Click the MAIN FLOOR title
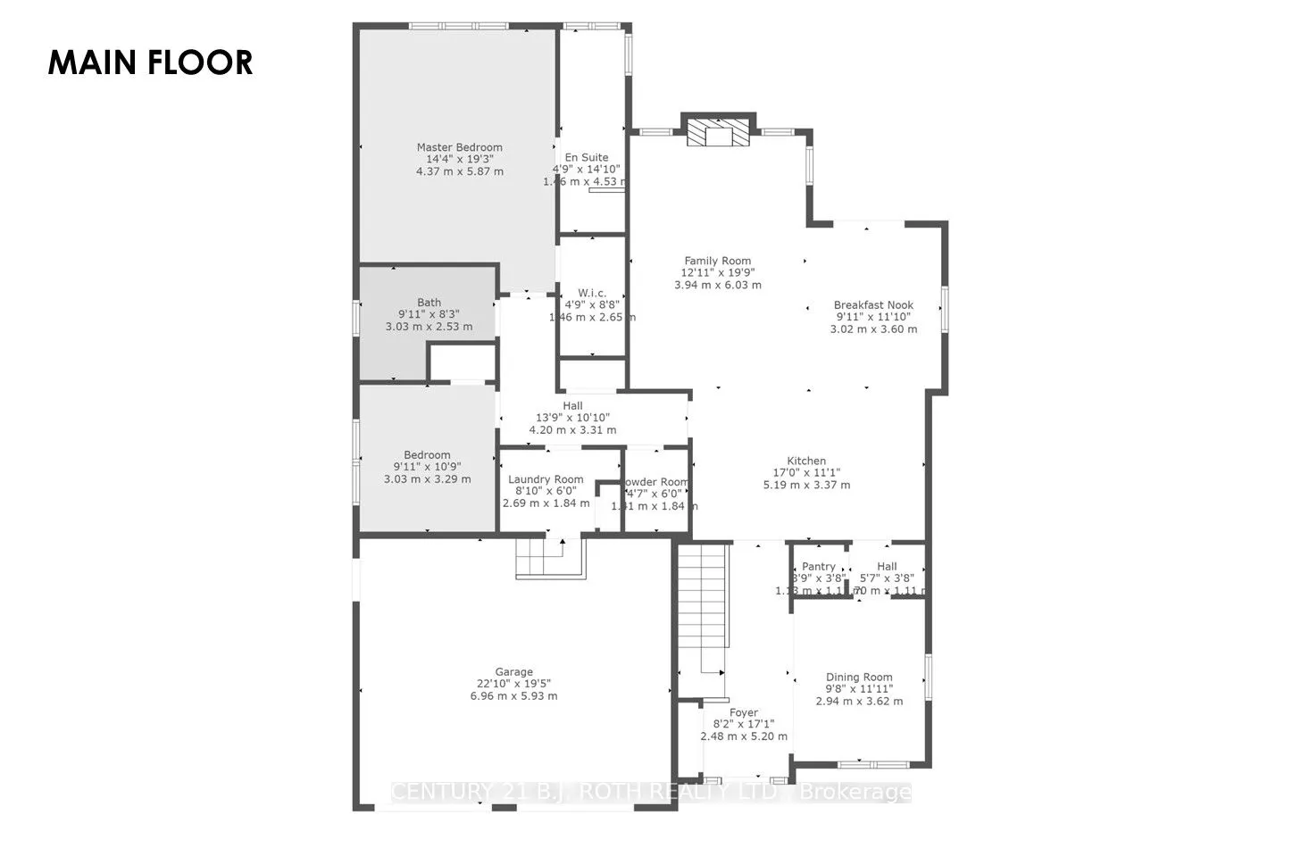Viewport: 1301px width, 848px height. coord(150,62)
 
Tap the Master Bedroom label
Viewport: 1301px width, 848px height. coord(459,147)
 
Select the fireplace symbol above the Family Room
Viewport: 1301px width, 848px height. coord(718,133)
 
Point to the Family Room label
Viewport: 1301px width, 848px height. coord(717,261)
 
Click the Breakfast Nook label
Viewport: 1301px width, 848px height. coord(873,304)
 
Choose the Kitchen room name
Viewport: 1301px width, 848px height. coord(805,461)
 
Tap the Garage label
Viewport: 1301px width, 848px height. coord(513,672)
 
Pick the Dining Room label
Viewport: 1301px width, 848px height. coord(859,677)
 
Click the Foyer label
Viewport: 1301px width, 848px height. coord(743,712)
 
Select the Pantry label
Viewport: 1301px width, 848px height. coord(819,566)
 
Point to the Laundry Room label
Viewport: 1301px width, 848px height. coord(546,479)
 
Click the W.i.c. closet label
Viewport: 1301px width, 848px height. coord(591,293)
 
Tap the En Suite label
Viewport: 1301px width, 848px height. coord(587,157)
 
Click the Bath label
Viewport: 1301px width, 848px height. coord(429,303)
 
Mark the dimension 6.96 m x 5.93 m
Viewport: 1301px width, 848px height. coord(513,696)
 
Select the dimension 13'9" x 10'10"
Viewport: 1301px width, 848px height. coord(572,418)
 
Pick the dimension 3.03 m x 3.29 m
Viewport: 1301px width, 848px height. coord(427,479)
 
